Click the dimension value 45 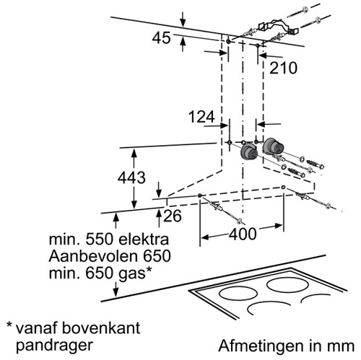point(161,38)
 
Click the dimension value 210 point(283,68)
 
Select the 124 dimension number point(201,117)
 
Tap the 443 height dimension point(131,177)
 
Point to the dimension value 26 point(173,216)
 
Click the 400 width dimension point(243,234)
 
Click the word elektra point(144,240)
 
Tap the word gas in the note point(132,274)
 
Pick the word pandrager point(54,346)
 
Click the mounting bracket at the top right point(278,27)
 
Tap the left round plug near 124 point(249,152)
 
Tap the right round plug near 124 point(272,146)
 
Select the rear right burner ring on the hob point(287,285)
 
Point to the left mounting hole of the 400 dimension point(199,196)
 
